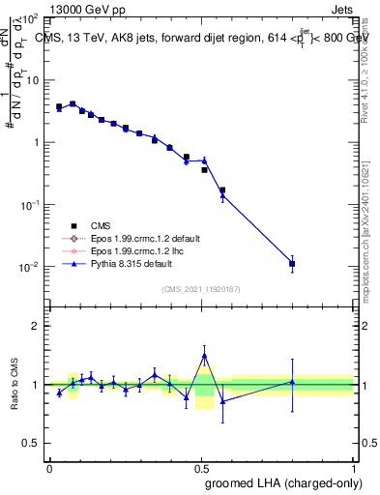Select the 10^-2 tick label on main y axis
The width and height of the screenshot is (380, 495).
pyautogui.click(x=29, y=267)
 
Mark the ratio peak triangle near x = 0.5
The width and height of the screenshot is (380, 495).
pyautogui.click(x=204, y=356)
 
